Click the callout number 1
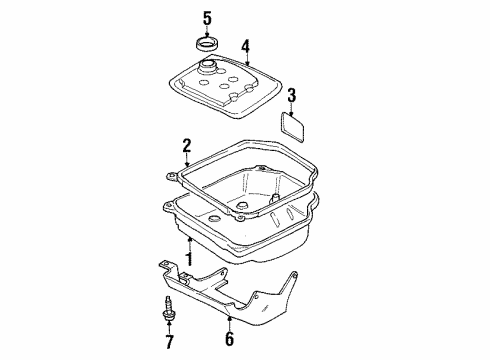coord(189,259)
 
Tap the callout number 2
coord(187,146)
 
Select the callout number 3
coord(291,96)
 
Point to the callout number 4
coord(245,47)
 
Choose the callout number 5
coord(207,18)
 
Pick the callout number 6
coord(230,338)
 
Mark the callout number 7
coord(169,341)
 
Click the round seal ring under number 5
coord(207,45)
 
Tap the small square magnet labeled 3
coord(292,127)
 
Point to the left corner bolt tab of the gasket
coord(172,177)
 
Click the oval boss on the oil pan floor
coord(213,219)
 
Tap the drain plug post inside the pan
coord(274,198)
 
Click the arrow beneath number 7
coord(169,328)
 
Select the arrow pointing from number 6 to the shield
coord(229,323)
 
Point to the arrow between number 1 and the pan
coord(189,244)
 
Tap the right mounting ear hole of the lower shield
coord(295,276)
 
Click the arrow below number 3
coord(292,109)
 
